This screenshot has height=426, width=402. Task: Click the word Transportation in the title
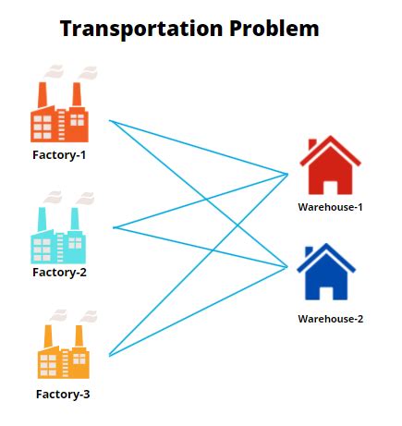(x=141, y=29)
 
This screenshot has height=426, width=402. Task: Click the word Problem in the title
(x=274, y=29)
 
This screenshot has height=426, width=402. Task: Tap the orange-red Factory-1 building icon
(x=59, y=112)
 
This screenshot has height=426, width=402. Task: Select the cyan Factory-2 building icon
(x=58, y=236)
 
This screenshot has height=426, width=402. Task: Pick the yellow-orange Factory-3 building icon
(x=64, y=352)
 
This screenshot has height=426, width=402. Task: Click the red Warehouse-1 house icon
(x=330, y=165)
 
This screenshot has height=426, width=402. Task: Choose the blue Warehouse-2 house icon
(x=326, y=272)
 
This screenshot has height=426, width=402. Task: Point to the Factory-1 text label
(x=59, y=154)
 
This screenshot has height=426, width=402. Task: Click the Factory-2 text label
(x=59, y=273)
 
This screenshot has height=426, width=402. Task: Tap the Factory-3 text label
(x=63, y=394)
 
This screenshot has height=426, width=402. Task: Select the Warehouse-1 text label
(x=330, y=207)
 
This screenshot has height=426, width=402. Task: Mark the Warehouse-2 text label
(x=331, y=319)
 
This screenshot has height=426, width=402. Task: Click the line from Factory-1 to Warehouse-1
(x=199, y=147)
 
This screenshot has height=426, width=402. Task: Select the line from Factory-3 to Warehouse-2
(x=199, y=311)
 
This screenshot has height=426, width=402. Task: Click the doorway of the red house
(x=330, y=188)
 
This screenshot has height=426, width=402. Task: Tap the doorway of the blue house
(x=326, y=294)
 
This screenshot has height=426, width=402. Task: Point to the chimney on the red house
(x=312, y=144)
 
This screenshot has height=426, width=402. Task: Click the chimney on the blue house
(x=309, y=251)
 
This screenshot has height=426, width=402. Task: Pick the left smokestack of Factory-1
(x=43, y=94)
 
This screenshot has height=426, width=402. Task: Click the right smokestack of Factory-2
(x=75, y=219)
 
